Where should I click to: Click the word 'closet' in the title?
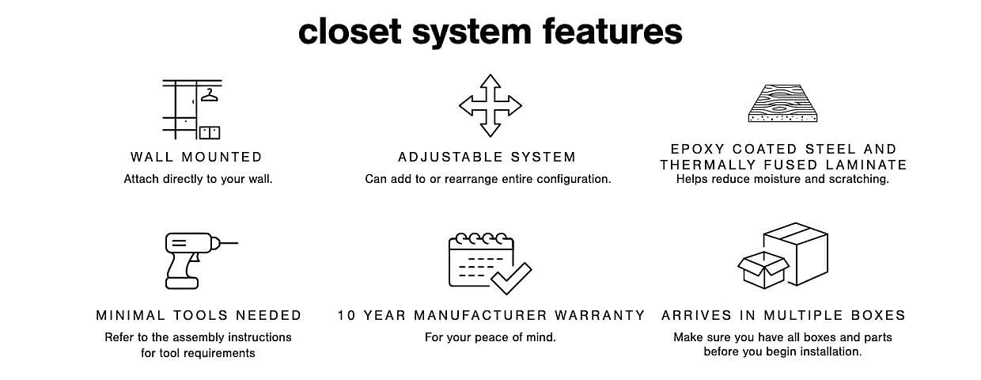[x=350, y=31]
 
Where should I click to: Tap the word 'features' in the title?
[x=612, y=31]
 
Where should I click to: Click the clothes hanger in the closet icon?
[x=210, y=95]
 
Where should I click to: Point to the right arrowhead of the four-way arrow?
[x=514, y=105]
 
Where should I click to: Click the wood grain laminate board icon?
[x=782, y=103]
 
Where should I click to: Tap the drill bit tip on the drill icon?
[x=238, y=243]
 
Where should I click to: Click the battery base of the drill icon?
[x=182, y=283]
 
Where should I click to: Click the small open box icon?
[x=763, y=270]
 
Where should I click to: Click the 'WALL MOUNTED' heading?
[x=197, y=157]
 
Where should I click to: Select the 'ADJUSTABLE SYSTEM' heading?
[x=487, y=157]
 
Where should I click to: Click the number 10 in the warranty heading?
[x=347, y=315]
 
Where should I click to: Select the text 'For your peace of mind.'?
[x=490, y=337]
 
